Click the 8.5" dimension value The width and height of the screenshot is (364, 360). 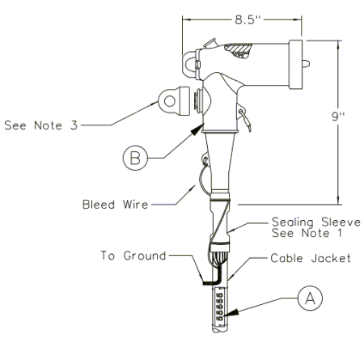click(x=248, y=19)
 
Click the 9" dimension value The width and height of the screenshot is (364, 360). click(x=338, y=116)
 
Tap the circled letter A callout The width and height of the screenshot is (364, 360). click(x=310, y=299)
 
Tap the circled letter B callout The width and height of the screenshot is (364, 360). click(x=135, y=158)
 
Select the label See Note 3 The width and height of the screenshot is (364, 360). click(x=41, y=125)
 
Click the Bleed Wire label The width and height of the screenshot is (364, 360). click(x=116, y=205)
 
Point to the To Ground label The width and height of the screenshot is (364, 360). click(x=133, y=256)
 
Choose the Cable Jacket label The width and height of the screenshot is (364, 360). click(x=311, y=258)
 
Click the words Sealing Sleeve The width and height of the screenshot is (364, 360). click(x=316, y=222)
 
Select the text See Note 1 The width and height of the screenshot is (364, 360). click(x=307, y=233)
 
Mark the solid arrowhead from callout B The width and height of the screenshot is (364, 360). click(x=197, y=129)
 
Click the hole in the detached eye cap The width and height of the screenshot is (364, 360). click(x=170, y=101)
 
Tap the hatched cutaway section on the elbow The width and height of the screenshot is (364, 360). click(x=238, y=50)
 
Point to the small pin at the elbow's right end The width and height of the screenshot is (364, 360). click(x=306, y=64)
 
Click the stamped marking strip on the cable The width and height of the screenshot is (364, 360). click(x=220, y=307)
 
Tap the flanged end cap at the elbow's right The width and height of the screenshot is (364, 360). click(x=295, y=65)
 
